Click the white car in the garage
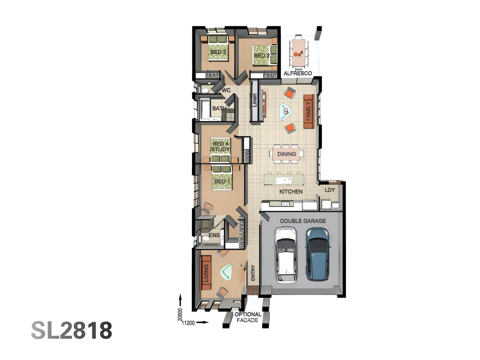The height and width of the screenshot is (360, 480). tap(285, 255)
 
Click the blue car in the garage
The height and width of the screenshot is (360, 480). tap(318, 254)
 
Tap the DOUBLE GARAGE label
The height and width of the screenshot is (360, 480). tap(303, 221)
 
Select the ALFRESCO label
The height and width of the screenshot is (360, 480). tap(298, 73)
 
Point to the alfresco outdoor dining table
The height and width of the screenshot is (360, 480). tap(298, 52)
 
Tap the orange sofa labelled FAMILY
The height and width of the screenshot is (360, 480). tap(309, 111)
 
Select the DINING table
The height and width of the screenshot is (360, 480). tap(287, 154)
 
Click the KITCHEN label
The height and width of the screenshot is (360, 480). tap(291, 192)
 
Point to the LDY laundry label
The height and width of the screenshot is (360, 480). tap(330, 190)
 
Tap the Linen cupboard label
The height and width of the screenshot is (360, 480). tap(255, 100)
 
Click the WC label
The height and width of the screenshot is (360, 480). tap(226, 90)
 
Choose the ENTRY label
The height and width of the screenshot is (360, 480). tap(253, 273)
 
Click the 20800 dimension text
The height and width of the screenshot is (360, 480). tap(180, 315)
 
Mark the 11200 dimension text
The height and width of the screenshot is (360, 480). tap(188, 323)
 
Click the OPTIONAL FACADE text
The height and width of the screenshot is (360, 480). tap(247, 317)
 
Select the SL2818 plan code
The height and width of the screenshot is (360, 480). tap(72, 330)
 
